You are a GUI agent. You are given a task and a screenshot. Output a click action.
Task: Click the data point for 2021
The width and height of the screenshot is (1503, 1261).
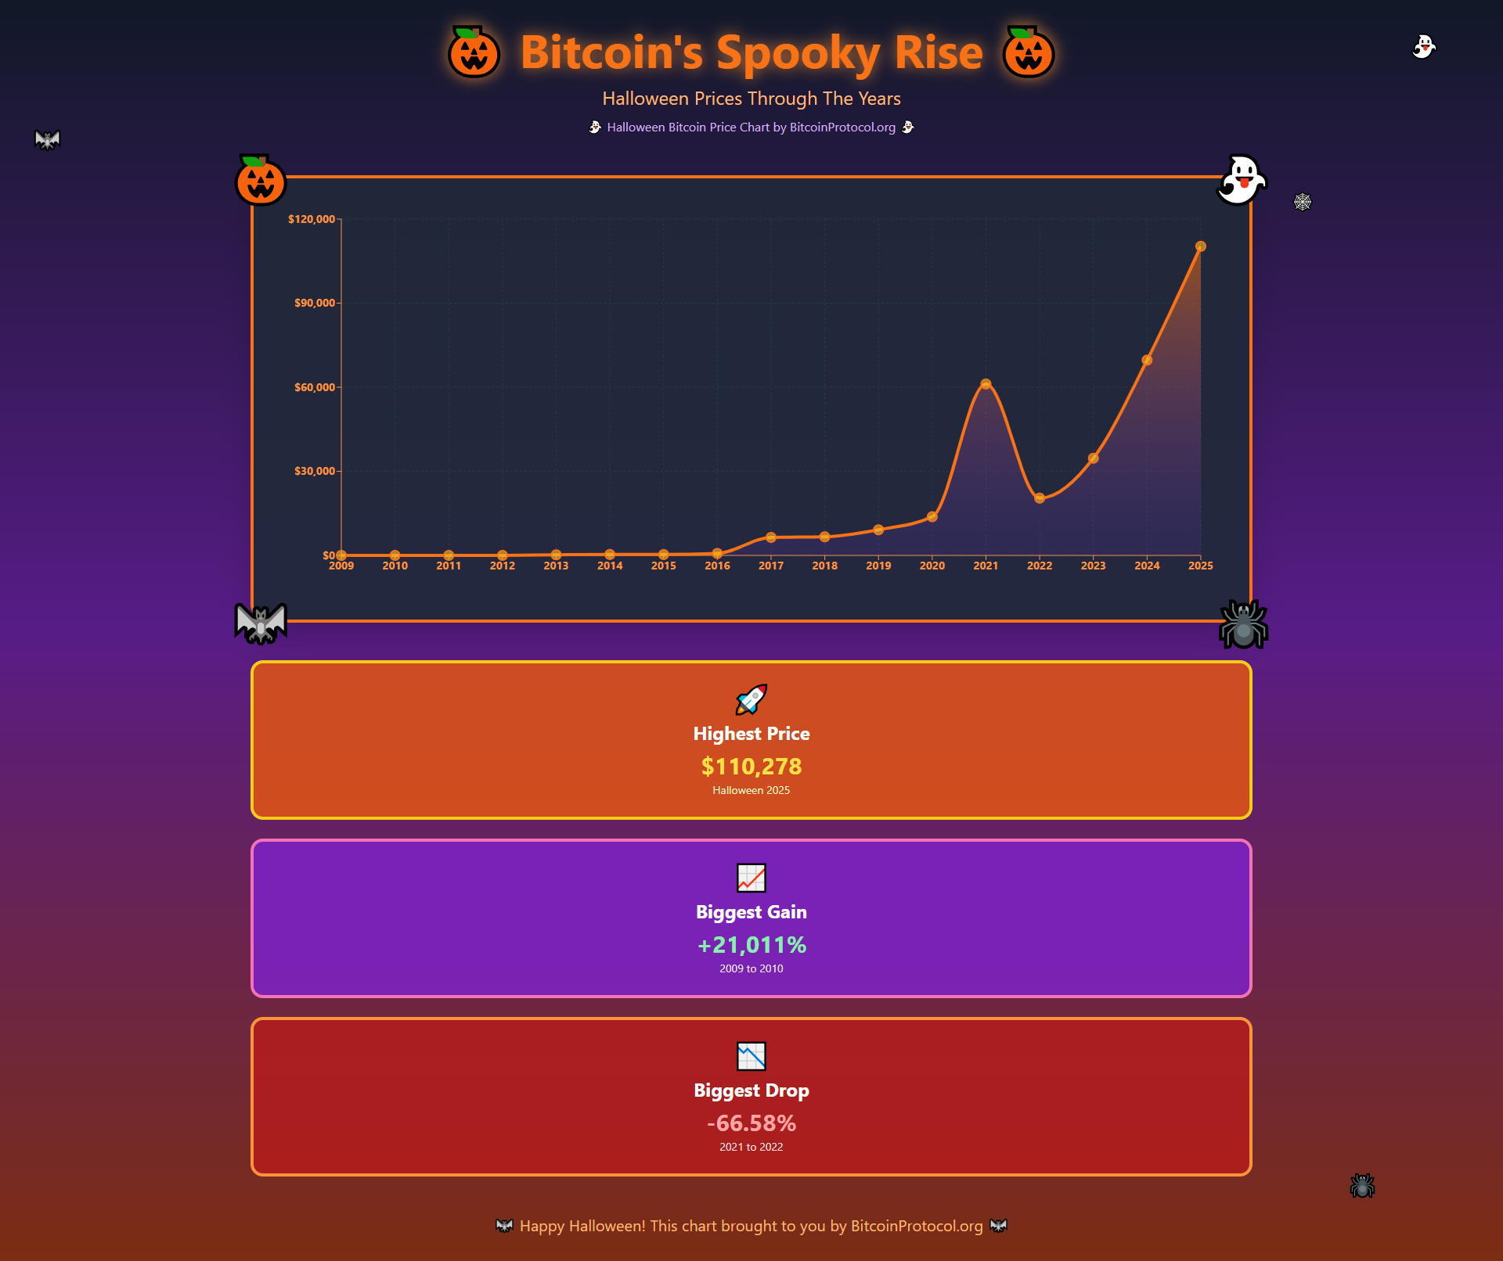[986, 384]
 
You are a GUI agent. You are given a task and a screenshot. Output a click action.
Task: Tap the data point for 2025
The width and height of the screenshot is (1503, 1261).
[1200, 246]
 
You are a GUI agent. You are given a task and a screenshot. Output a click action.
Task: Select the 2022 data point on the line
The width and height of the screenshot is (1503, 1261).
[1040, 498]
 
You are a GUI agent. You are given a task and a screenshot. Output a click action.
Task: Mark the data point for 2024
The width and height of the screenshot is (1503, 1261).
[1147, 361]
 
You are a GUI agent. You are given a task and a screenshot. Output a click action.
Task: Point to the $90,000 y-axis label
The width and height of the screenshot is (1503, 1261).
[315, 303]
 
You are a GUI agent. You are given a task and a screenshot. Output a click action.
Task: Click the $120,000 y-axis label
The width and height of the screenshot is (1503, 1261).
[312, 219]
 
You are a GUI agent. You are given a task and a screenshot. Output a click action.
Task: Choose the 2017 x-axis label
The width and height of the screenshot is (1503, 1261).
[771, 566]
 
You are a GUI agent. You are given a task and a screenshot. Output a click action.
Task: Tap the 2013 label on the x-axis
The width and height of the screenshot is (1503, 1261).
[556, 566]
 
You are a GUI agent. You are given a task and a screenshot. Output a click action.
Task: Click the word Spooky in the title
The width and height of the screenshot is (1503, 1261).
[798, 53]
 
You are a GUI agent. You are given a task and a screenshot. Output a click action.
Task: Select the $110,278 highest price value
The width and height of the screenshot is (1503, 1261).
[751, 767]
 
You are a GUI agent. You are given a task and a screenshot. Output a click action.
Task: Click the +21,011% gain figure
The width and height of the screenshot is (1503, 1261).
[751, 945]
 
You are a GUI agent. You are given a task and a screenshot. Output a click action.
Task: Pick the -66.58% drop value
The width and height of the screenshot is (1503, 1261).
[751, 1123]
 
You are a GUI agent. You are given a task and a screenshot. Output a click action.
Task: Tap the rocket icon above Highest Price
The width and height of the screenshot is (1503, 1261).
[751, 699]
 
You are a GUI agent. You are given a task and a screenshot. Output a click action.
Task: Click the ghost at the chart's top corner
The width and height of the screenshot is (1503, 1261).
[1241, 180]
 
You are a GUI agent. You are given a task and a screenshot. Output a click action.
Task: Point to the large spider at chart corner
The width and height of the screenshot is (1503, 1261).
[1243, 624]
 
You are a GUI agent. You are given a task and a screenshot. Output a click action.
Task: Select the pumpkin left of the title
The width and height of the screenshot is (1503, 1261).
[474, 52]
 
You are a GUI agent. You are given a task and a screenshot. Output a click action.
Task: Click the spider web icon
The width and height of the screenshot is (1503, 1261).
[1303, 202]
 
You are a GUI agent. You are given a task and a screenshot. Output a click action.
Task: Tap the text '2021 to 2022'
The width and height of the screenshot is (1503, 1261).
[751, 1147]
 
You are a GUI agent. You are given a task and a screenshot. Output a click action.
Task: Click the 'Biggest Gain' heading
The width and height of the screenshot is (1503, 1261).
[751, 912]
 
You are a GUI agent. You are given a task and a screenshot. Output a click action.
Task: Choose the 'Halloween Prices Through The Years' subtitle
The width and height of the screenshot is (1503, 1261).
[751, 99]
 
